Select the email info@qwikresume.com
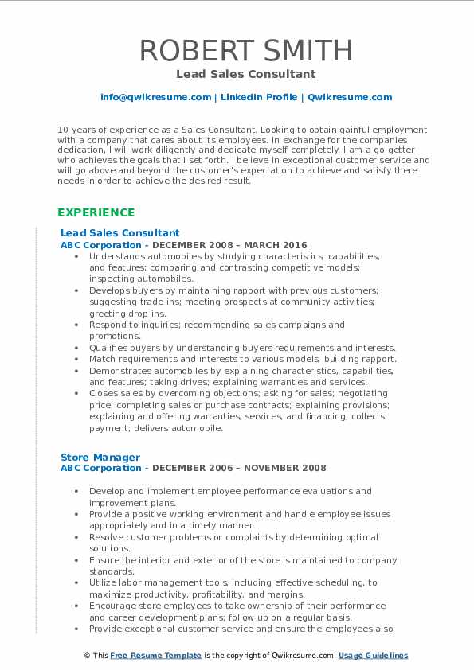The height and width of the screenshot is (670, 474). coord(155,97)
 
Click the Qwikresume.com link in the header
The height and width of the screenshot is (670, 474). coord(350,97)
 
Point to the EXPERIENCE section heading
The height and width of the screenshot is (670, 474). coord(96,212)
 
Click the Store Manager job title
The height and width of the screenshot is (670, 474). coord(100,457)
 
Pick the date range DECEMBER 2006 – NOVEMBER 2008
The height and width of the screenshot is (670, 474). coord(230,468)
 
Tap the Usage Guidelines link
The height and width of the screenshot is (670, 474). coord(373,656)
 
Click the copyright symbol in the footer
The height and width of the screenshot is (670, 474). coord(87,656)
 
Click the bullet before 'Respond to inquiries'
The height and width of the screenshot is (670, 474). coord(76,325)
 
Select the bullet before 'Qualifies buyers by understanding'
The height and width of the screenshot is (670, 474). coord(76,348)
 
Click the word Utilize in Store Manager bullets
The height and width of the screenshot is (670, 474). coord(104,582)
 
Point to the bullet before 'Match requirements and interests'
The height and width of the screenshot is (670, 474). coord(76,359)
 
